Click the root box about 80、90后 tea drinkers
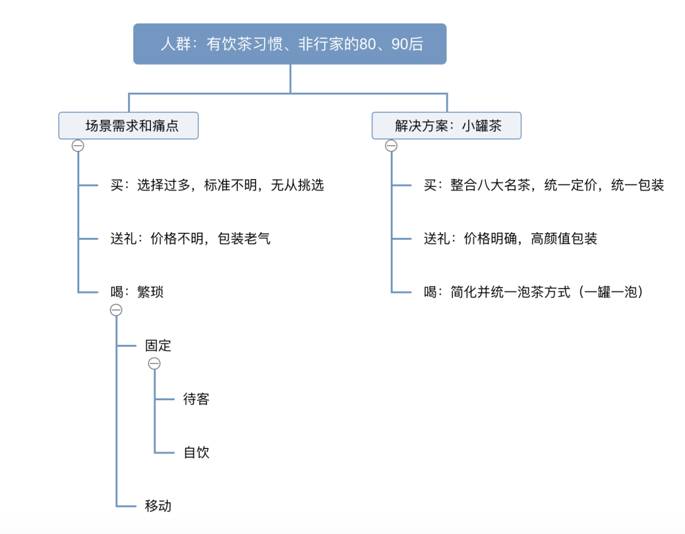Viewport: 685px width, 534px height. (x=290, y=44)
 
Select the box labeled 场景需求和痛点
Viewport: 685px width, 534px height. (x=128, y=126)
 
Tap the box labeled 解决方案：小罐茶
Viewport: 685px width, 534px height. (x=447, y=126)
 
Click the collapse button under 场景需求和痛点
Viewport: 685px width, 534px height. (x=78, y=145)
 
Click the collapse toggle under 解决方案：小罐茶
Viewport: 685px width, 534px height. (x=391, y=145)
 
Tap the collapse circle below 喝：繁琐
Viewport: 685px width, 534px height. (x=116, y=310)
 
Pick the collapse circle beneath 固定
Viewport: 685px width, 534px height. (x=154, y=363)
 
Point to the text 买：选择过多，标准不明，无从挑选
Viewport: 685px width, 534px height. (x=217, y=185)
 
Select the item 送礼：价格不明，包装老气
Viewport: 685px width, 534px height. (x=190, y=238)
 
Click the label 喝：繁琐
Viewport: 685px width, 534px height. (x=137, y=292)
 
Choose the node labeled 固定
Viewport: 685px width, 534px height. (x=158, y=346)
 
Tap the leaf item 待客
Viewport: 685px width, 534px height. (x=196, y=399)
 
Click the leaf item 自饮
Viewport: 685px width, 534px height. (x=196, y=452)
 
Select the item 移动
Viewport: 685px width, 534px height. (x=158, y=506)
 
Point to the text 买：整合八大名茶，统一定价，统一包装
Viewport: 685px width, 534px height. (x=544, y=185)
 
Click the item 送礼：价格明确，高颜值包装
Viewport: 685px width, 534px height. (x=510, y=238)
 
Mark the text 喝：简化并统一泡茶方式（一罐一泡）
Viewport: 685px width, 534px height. (x=533, y=292)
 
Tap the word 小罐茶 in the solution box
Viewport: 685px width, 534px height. (x=482, y=126)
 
